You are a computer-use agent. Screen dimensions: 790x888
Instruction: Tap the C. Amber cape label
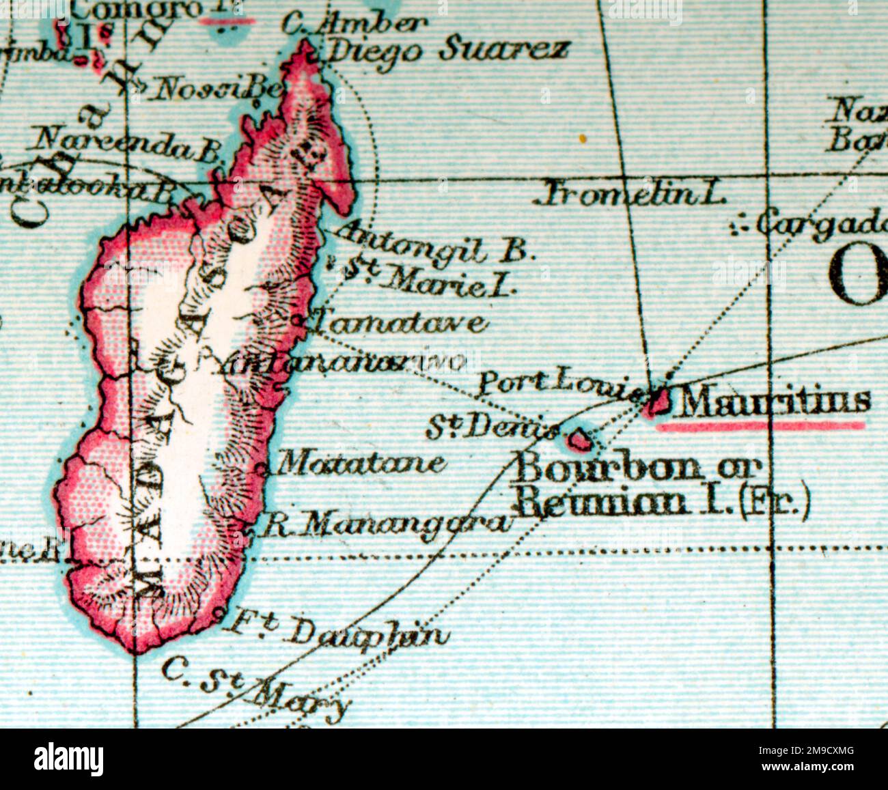(355, 25)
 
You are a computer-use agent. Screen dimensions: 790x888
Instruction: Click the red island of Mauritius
(658, 403)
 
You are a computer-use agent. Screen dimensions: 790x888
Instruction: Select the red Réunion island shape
(580, 440)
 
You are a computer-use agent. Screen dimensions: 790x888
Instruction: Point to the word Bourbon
(608, 468)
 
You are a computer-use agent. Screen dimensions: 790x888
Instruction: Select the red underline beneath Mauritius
(760, 426)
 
